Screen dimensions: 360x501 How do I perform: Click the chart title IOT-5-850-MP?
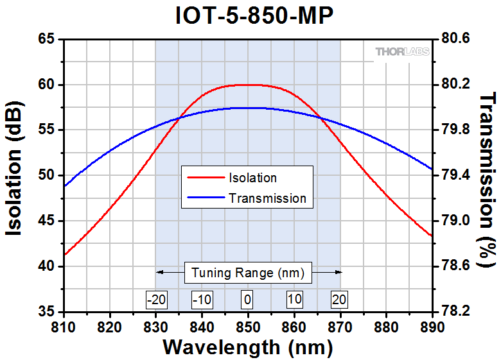254,16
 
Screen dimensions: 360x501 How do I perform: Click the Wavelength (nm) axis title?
248,347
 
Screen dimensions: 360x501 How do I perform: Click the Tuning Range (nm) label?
248,272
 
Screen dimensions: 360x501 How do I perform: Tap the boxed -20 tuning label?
155,299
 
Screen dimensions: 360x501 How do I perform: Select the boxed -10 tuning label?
202,299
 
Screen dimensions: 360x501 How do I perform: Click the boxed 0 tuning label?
248,299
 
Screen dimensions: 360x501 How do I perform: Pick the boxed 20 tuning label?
340,299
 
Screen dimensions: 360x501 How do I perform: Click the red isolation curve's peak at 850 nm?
248,85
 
